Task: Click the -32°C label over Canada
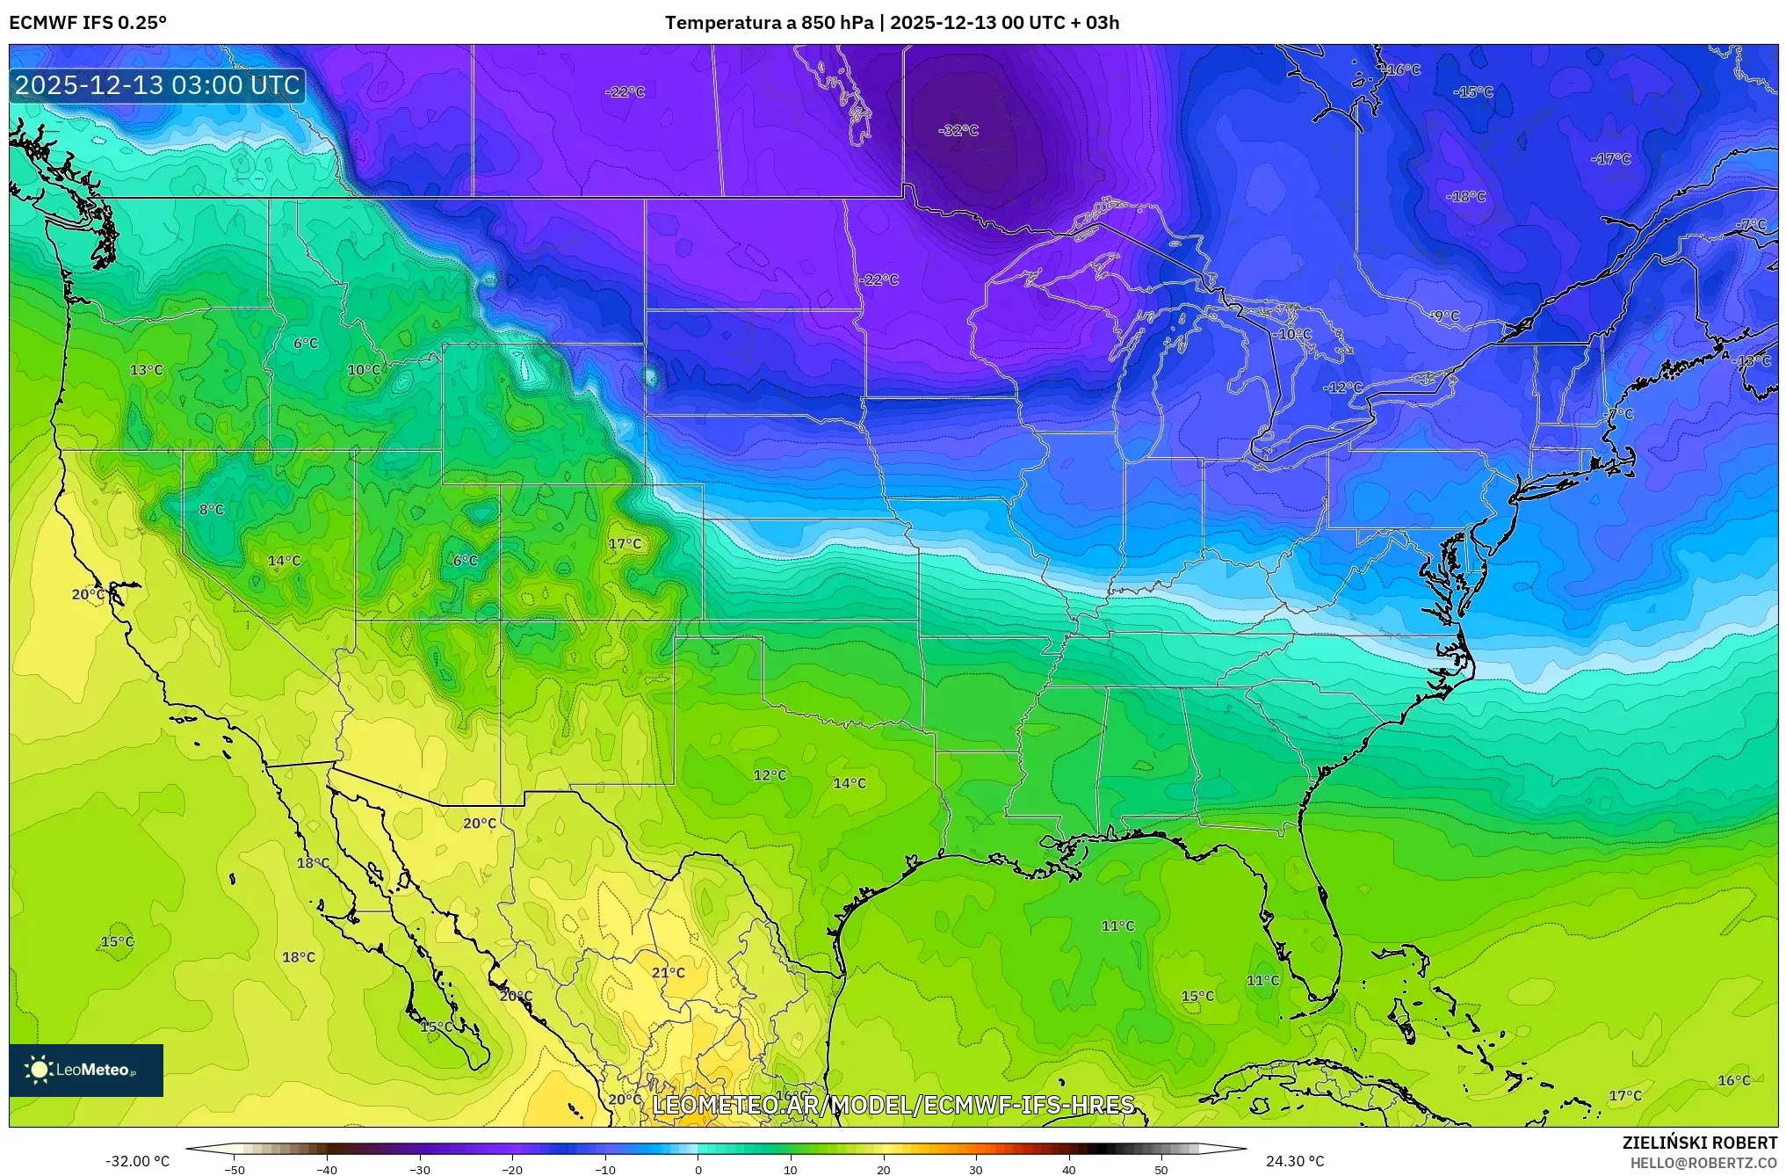[958, 130]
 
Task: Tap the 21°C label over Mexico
[668, 972]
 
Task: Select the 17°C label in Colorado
[625, 544]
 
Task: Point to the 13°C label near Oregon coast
[146, 370]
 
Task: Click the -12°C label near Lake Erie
[1342, 388]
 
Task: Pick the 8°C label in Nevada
[211, 509]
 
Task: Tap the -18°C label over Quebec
[1465, 197]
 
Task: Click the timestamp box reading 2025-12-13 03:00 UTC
[157, 85]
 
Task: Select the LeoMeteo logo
[86, 1070]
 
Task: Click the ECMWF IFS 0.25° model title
[88, 23]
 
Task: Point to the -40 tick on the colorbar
[327, 1170]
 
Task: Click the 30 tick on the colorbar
[975, 1170]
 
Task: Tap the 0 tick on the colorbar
[698, 1170]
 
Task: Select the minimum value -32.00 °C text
[138, 1161]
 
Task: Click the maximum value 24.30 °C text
[1294, 1161]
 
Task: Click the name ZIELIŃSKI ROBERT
[1699, 1143]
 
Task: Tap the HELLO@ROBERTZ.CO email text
[1703, 1163]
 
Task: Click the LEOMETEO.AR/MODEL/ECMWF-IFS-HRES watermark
[893, 1105]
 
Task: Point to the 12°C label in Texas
[770, 775]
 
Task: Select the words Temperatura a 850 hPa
[769, 23]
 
